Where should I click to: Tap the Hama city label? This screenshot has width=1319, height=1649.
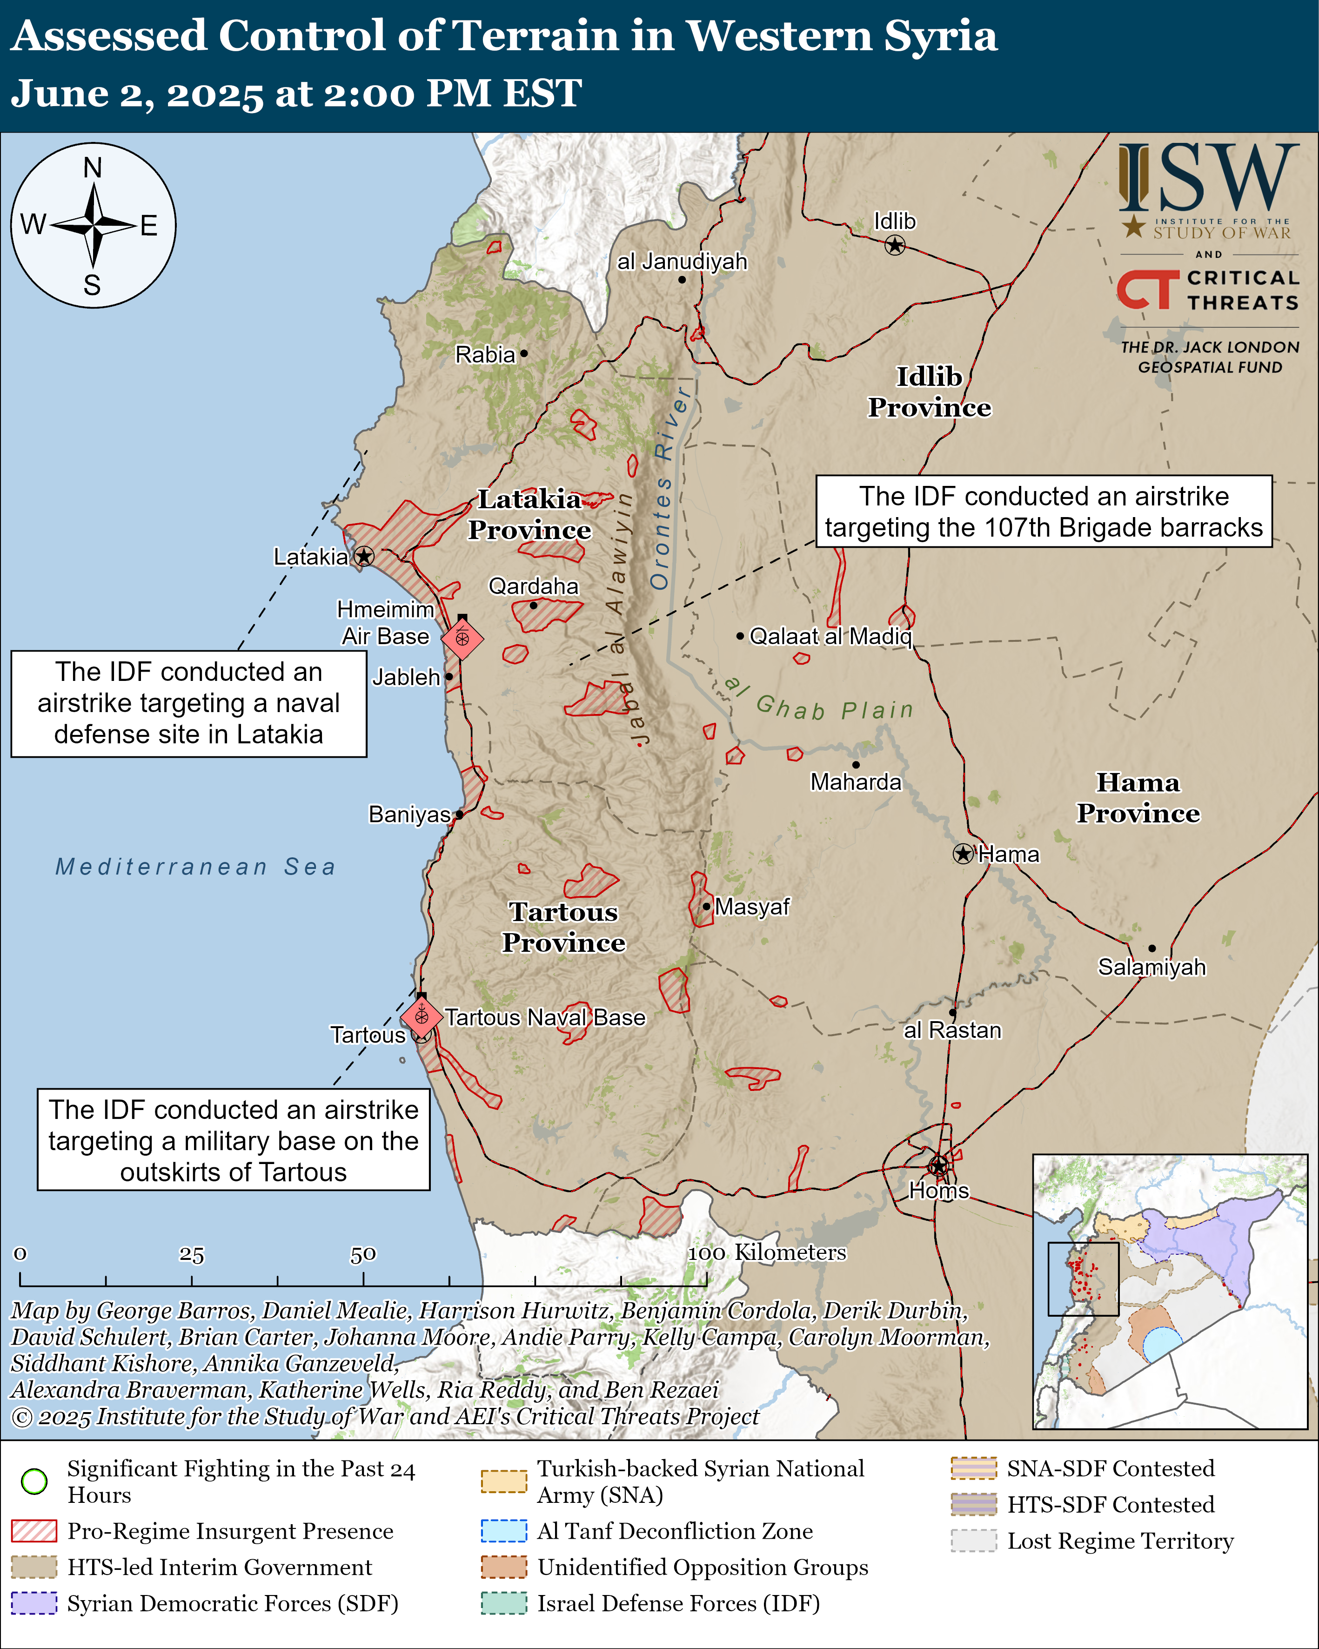(x=1009, y=855)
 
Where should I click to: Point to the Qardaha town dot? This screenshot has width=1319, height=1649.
(x=533, y=605)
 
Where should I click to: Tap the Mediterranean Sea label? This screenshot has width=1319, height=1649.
(x=196, y=867)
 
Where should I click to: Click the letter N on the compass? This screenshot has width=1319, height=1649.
(x=93, y=168)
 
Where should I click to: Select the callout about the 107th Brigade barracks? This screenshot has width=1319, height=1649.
(x=1043, y=512)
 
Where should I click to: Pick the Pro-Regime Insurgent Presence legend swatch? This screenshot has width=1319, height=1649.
(x=33, y=1530)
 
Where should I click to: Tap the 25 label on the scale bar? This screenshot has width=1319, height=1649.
(x=191, y=1254)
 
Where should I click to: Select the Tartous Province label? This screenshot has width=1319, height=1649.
(x=563, y=927)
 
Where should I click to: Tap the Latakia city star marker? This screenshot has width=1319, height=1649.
(x=364, y=556)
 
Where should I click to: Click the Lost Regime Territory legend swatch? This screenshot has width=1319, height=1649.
(x=973, y=1541)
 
